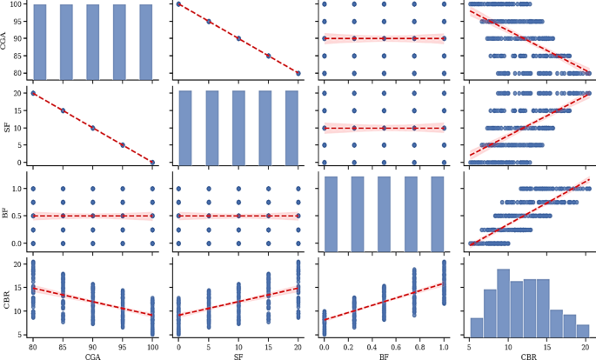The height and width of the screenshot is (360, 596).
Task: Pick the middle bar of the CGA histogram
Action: (x=93, y=42)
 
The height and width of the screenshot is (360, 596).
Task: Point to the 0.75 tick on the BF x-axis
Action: (x=413, y=345)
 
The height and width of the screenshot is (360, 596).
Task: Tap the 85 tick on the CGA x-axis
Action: (x=64, y=345)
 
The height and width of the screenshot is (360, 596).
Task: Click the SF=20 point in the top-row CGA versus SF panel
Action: (x=298, y=73)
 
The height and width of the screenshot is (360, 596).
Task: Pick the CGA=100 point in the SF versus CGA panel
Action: (x=152, y=163)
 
